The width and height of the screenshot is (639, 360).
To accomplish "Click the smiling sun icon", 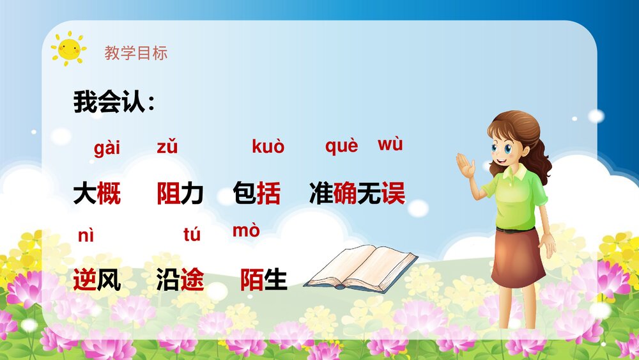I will [68, 48].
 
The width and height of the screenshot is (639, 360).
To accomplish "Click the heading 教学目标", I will [136, 53].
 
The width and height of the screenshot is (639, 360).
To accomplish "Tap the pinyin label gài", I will [107, 149].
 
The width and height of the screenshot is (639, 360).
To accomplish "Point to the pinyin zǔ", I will [167, 147].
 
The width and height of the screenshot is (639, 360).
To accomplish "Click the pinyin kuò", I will [268, 147].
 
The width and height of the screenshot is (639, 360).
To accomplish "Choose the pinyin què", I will [341, 146].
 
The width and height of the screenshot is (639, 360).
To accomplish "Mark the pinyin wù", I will [390, 145].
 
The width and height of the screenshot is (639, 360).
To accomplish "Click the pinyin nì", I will [86, 235].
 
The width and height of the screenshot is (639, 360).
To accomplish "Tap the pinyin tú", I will [192, 235].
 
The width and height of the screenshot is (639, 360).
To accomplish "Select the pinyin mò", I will [246, 231].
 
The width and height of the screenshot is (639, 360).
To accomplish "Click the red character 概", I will [109, 193].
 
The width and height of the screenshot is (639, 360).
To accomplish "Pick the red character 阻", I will [168, 193].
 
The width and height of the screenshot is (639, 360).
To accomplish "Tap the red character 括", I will [268, 193].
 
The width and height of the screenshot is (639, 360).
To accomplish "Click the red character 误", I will [394, 193].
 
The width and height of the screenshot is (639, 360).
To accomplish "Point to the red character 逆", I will [85, 279].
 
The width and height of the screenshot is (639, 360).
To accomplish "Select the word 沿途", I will [180, 279].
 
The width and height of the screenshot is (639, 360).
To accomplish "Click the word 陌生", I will [263, 279].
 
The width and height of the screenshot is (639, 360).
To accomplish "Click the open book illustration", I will [360, 268].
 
